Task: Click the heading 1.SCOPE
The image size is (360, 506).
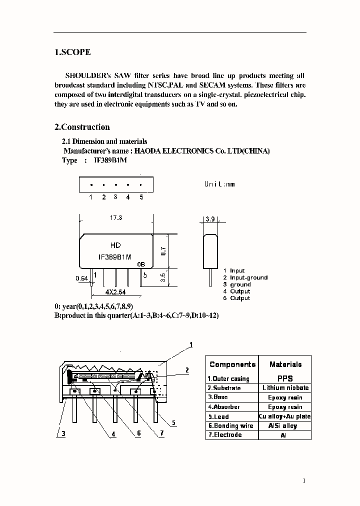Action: (x=72, y=52)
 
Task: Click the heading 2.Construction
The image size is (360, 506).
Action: (x=82, y=127)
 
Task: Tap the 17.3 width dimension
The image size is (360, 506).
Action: (x=116, y=218)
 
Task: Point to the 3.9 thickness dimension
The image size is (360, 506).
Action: (x=210, y=219)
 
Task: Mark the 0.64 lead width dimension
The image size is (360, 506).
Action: (x=81, y=278)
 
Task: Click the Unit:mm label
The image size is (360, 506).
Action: (x=219, y=184)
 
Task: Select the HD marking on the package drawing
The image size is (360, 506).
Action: (x=115, y=245)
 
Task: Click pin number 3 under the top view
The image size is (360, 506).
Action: (x=115, y=197)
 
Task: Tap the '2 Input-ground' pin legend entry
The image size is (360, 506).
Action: (x=245, y=277)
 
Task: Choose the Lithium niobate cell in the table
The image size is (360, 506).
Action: (x=285, y=388)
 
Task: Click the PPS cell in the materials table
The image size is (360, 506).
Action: (x=285, y=378)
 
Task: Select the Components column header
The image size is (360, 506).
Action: (x=232, y=364)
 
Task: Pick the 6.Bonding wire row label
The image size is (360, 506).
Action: (x=230, y=426)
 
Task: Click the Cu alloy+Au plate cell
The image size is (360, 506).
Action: (x=285, y=416)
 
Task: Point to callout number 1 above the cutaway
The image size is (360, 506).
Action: (x=190, y=345)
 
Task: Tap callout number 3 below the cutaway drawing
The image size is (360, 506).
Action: (x=63, y=434)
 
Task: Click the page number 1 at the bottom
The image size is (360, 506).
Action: (x=303, y=481)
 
